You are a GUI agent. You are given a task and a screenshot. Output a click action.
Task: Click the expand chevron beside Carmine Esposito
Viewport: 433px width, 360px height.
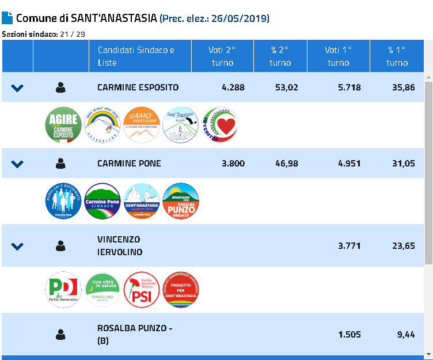[x=17, y=88]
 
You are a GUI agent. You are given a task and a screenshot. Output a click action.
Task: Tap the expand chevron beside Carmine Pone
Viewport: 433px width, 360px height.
[x=17, y=164]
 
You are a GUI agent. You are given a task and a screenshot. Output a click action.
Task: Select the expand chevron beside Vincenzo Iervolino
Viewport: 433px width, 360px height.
[x=17, y=246]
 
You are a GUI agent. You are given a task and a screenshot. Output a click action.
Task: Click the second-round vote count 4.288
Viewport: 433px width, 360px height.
[x=233, y=88]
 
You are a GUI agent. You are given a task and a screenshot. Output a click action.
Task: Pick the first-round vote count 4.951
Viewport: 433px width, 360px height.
[x=349, y=163]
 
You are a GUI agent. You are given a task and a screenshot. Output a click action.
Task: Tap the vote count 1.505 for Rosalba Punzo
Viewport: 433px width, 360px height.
[x=349, y=334]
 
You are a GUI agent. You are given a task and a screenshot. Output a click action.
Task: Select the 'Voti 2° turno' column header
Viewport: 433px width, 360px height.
[x=222, y=56]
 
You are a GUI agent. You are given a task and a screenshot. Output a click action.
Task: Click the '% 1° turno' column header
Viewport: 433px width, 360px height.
[x=397, y=56]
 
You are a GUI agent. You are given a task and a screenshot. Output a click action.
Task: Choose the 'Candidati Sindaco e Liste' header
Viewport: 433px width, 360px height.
[x=136, y=56]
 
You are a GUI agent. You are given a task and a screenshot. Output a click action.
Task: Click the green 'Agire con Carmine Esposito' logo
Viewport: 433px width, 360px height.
[x=63, y=125]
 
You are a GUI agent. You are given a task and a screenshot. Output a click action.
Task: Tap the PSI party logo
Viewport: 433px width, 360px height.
[x=142, y=290]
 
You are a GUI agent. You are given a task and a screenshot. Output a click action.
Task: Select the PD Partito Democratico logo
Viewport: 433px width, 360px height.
[x=63, y=290]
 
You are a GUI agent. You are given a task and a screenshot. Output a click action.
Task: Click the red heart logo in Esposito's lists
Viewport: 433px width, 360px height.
[x=220, y=125]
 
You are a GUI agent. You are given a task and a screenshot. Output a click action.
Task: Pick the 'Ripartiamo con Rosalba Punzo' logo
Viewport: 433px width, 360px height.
[x=181, y=201]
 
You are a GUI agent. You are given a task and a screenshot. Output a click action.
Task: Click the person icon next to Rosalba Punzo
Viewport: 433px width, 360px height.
[x=60, y=334]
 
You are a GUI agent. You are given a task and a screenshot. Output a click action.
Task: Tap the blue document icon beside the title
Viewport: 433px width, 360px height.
[x=7, y=17]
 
